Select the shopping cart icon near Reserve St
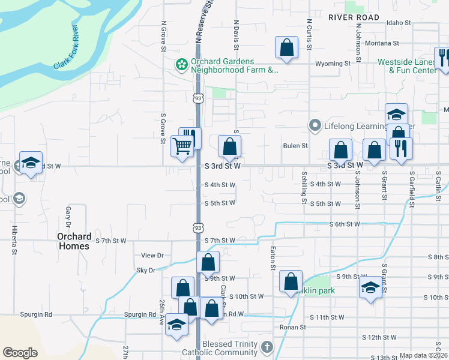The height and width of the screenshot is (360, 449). [181, 145]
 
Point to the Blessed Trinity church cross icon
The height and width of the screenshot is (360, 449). [267, 347]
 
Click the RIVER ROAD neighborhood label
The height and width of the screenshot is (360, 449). [354, 17]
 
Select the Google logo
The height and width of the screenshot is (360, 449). [20, 353]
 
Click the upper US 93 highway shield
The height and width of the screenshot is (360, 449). [198, 97]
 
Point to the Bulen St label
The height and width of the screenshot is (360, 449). [295, 146]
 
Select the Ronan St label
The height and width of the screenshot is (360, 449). [293, 328]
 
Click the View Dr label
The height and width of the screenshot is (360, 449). [152, 256]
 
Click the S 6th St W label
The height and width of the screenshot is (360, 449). [344, 224]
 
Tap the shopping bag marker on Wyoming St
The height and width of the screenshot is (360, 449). [287, 48]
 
